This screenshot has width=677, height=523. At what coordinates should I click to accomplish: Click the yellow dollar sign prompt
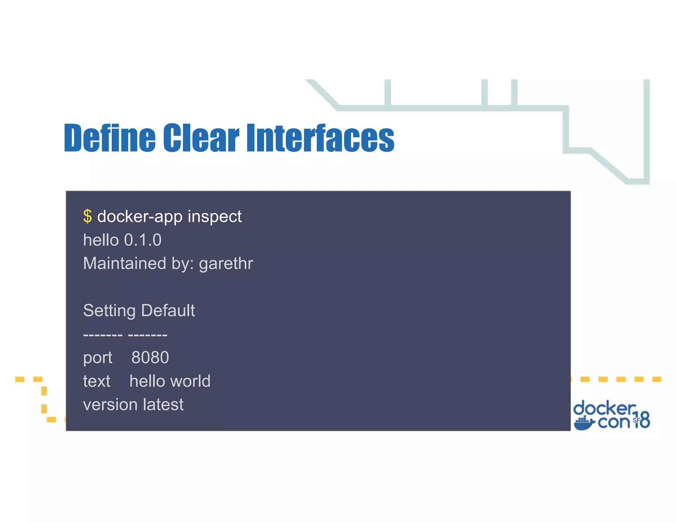coord(87,217)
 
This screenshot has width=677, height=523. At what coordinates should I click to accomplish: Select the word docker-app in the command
coord(139,217)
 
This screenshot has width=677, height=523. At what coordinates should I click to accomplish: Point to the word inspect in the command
coord(215,217)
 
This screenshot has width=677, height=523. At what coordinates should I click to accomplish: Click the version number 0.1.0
coord(142,240)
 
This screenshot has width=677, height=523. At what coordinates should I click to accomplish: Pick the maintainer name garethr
coord(226,264)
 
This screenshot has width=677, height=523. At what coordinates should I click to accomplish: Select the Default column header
coord(168,310)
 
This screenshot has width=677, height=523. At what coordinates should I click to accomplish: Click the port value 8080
coord(150,358)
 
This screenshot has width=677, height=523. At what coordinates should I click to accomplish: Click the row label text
coord(97,381)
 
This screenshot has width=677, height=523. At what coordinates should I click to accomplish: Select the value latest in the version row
coord(163,405)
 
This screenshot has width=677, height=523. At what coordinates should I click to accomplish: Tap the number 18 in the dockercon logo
coord(642,420)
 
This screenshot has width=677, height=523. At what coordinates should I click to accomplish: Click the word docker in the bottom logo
coord(604,408)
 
